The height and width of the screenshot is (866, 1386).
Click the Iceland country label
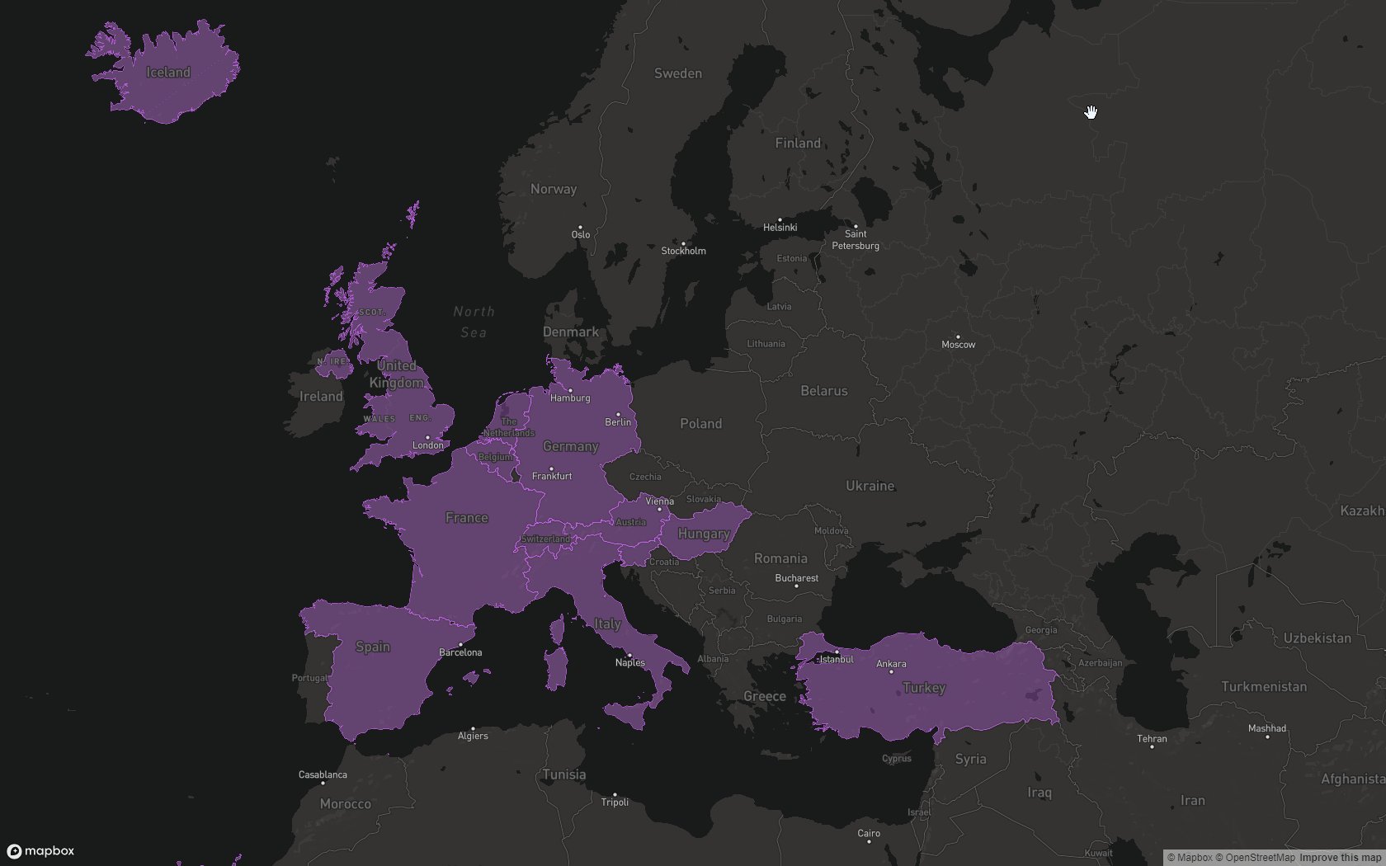[168, 73]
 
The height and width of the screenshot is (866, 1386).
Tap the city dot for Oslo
[580, 227]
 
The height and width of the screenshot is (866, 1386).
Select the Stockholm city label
[683, 251]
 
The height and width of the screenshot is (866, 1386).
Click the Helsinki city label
[780, 228]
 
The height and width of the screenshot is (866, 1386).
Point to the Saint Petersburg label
[856, 240]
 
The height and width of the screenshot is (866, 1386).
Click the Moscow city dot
[958, 337]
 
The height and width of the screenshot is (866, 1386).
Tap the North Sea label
[474, 322]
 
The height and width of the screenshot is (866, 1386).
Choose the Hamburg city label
[570, 398]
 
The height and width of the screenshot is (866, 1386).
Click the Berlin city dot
[618, 415]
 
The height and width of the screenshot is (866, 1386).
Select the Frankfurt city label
[552, 476]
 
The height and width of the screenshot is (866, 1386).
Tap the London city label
[427, 445]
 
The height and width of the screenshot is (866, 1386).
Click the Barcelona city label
[460, 652]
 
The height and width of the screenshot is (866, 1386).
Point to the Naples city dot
[629, 655]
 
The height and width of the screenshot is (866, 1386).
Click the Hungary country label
[704, 534]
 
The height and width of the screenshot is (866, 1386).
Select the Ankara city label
[891, 664]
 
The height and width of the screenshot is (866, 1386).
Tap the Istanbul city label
[836, 660]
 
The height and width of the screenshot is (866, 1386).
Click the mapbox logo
[40, 851]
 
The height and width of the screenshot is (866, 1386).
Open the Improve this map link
[1340, 858]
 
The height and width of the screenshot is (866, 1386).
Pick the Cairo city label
[869, 833]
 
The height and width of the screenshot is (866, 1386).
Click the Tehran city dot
[1152, 746]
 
